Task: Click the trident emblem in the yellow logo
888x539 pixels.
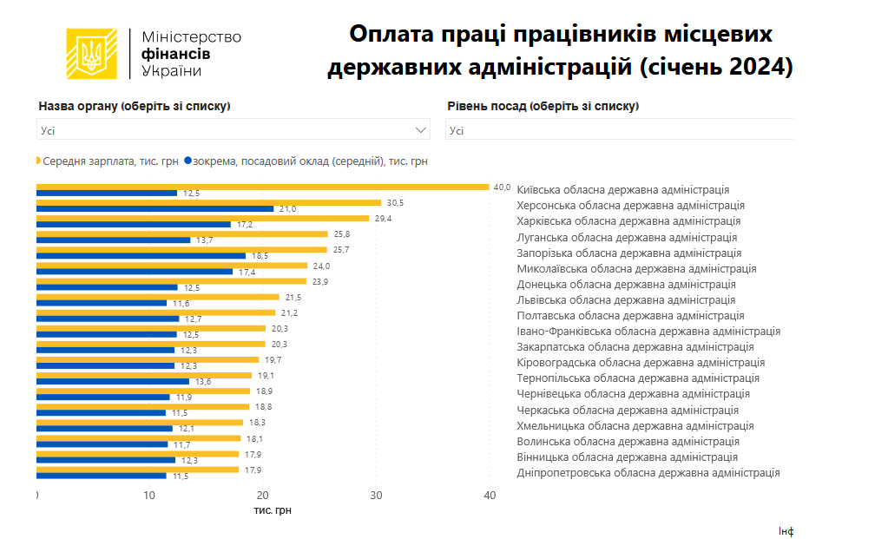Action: tap(91, 54)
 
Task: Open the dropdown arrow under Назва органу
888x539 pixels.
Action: tap(422, 130)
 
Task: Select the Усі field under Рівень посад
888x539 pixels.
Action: tap(618, 130)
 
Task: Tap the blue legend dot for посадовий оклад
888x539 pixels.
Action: tap(187, 161)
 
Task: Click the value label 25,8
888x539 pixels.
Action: tap(342, 234)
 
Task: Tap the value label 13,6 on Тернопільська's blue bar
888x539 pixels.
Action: tap(203, 381)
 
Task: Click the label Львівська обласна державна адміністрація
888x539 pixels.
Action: tap(625, 300)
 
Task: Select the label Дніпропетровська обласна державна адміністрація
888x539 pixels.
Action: tap(648, 473)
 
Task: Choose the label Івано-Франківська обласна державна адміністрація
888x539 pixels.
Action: tap(648, 332)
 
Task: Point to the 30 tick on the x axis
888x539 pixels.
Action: tap(376, 496)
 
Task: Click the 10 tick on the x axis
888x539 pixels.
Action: tap(149, 496)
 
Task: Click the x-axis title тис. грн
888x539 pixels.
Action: tap(272, 510)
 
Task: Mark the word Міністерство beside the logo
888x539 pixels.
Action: tap(191, 37)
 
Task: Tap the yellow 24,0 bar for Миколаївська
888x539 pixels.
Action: tap(172, 266)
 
